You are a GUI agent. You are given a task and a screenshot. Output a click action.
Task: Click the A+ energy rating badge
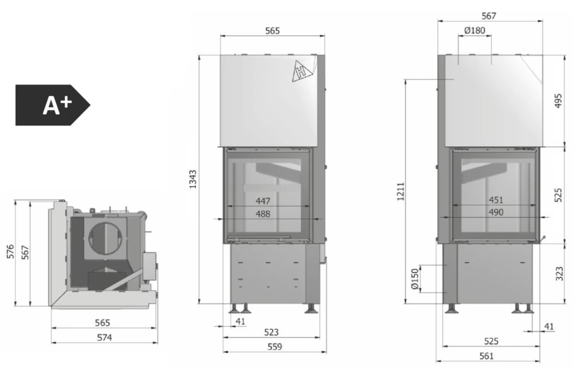click(52, 105)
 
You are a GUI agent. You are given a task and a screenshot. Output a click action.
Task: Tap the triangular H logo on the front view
click(302, 71)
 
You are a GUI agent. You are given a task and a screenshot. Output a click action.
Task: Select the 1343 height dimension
click(193, 179)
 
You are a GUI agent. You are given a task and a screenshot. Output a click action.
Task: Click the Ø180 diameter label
click(474, 30)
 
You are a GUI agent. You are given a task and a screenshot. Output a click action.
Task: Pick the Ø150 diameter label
click(414, 279)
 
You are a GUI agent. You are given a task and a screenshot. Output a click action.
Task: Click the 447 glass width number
click(262, 201)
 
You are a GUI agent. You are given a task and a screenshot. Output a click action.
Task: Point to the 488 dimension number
click(262, 214)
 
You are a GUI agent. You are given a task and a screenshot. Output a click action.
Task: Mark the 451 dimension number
click(496, 200)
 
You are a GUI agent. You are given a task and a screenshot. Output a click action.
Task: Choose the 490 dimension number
click(496, 213)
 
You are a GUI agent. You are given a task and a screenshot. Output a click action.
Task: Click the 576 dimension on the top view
click(12, 253)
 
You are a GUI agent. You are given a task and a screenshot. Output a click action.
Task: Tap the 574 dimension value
click(104, 338)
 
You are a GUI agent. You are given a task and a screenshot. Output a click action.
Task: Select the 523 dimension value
click(272, 332)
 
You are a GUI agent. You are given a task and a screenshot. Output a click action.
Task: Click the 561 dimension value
click(486, 356)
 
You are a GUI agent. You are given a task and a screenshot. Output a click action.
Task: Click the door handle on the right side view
click(543, 237)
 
